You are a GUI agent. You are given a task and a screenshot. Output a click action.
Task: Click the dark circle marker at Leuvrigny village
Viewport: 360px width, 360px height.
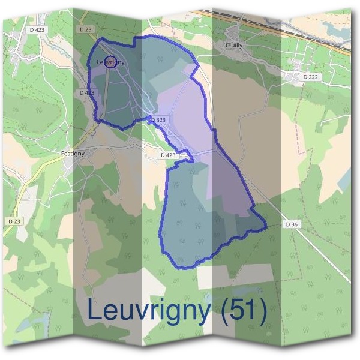[x=110, y=61]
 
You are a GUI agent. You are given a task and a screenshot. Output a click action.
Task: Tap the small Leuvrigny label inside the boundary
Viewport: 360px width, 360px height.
[x=110, y=62]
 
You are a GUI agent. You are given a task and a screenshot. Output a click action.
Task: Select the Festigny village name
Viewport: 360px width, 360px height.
[x=73, y=153]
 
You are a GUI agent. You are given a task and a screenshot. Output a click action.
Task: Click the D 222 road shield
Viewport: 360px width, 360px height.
[x=310, y=77]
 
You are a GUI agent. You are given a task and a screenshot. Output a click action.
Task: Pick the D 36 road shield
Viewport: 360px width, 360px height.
[x=292, y=224]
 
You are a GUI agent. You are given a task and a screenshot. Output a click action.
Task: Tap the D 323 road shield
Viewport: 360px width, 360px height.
[x=158, y=120]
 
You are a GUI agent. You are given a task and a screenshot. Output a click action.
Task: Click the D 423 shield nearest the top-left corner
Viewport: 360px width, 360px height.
[x=37, y=28]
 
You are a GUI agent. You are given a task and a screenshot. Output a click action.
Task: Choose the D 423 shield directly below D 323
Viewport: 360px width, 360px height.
[x=169, y=155]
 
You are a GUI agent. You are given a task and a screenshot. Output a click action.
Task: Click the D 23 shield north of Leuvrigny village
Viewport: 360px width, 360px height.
[x=84, y=28]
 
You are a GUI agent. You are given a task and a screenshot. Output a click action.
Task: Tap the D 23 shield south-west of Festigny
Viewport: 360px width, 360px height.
[x=14, y=221]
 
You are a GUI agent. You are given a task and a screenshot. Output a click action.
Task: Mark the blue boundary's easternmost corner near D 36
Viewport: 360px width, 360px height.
[x=266, y=227]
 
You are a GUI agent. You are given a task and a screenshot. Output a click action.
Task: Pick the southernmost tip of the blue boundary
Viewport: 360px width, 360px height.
[x=183, y=266]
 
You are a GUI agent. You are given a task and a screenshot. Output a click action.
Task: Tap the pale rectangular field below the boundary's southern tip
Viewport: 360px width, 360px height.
[x=234, y=275]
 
